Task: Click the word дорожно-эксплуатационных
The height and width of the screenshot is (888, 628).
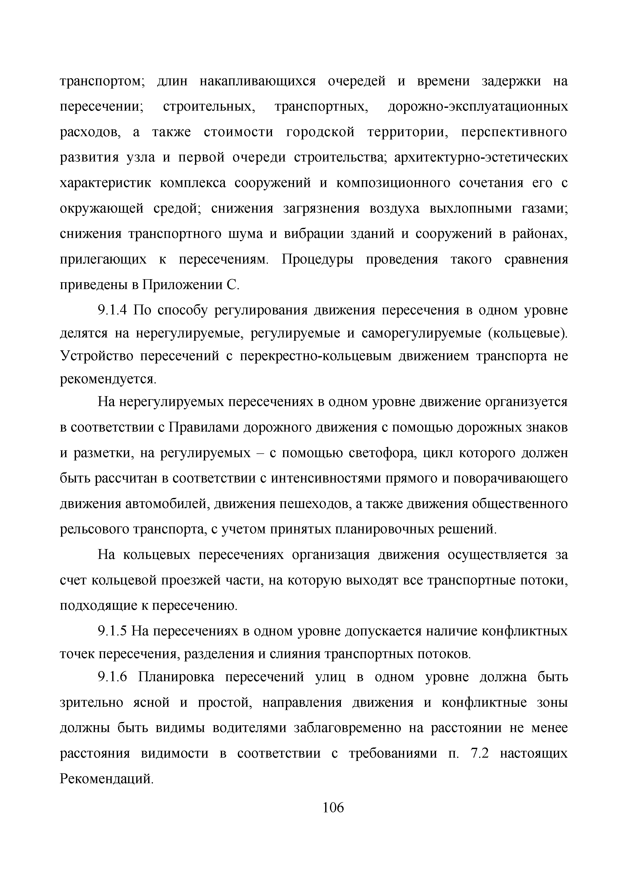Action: pyautogui.click(x=478, y=107)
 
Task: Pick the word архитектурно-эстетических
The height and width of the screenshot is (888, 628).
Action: pyautogui.click(x=481, y=158)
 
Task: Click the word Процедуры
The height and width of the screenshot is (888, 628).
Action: pyautogui.click(x=317, y=259)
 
